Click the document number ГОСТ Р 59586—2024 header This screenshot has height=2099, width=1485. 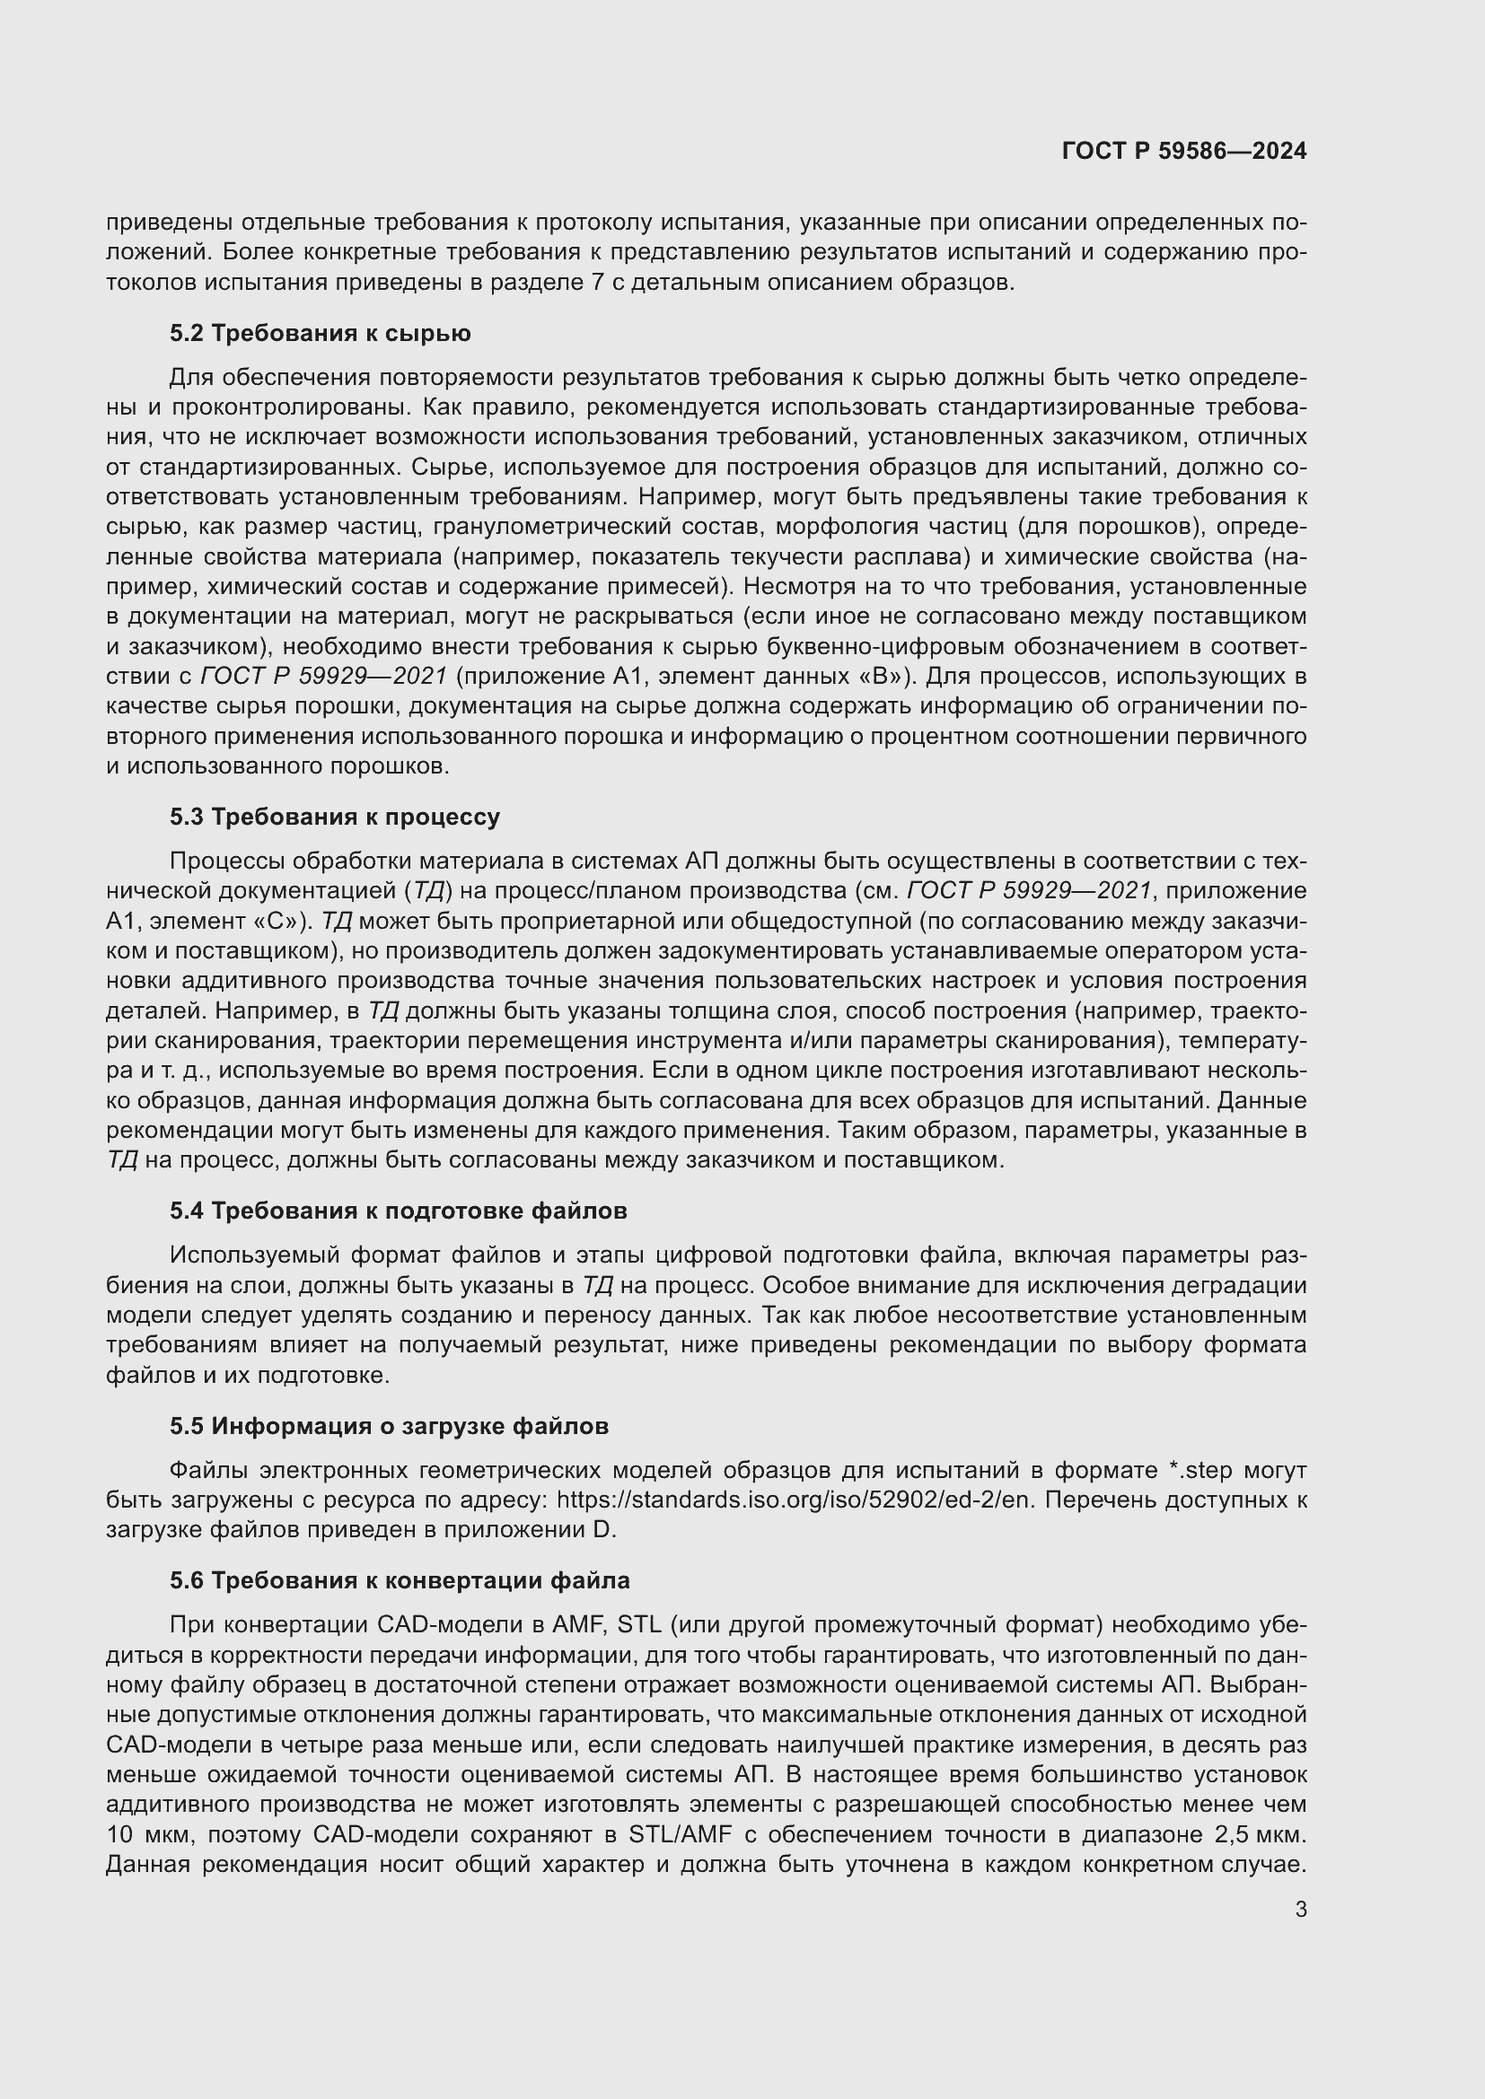click(x=1183, y=151)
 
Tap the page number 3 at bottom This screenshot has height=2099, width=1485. click(x=1300, y=1909)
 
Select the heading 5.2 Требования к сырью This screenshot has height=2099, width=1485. click(x=320, y=334)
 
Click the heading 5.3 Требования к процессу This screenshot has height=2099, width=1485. click(x=335, y=817)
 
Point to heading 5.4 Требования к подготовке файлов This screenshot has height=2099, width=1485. click(x=398, y=1211)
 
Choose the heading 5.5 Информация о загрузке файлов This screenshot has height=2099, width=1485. click(x=389, y=1426)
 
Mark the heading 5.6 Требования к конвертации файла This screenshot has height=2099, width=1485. click(x=400, y=1580)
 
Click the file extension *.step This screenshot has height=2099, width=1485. click(x=1200, y=1470)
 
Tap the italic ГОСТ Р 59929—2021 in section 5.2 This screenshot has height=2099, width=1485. click(x=324, y=676)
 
